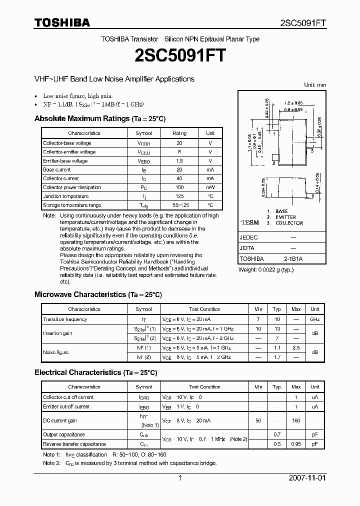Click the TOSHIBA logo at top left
tap(62, 22)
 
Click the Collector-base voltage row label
tap(67, 143)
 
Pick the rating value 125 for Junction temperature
tap(179, 196)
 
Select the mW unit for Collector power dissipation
tap(210, 187)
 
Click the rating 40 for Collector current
tap(179, 178)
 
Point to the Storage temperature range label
tap(72, 205)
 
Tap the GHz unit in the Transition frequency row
tap(314, 319)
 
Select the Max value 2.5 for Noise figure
tap(296, 347)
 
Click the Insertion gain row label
tap(57, 333)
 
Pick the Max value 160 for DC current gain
tap(296, 420)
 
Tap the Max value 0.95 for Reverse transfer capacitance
tap(296, 444)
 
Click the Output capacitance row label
tap(64, 434)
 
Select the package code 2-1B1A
tap(292, 259)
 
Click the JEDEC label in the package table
tap(249, 237)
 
